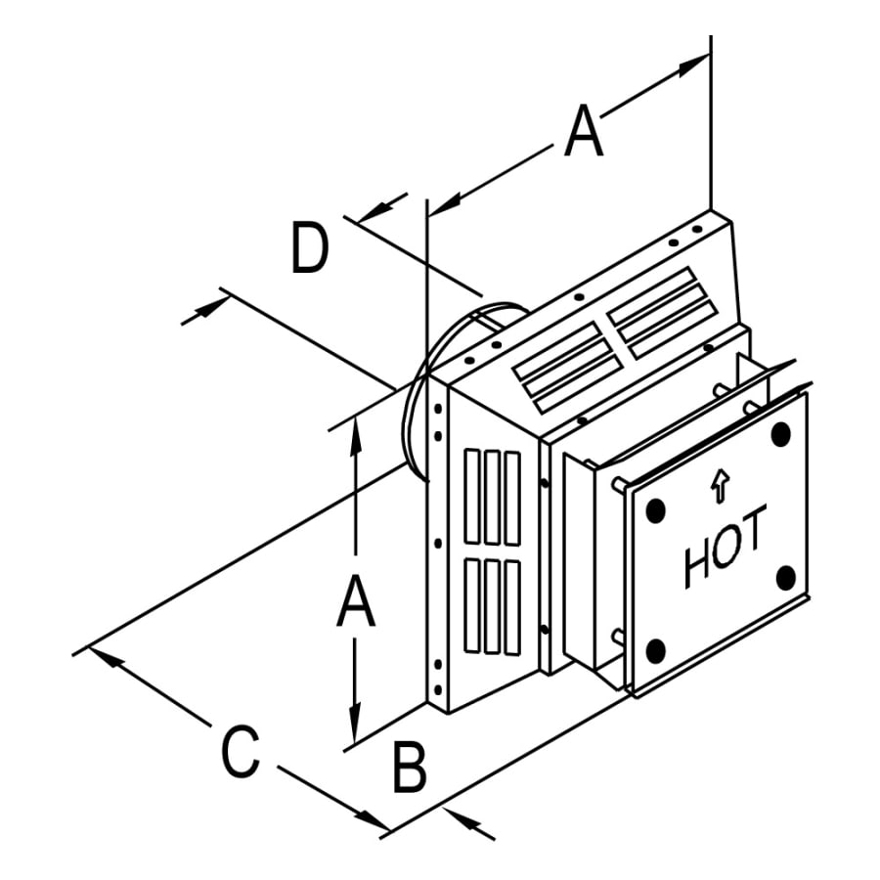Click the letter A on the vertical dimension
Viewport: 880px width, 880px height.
[355, 601]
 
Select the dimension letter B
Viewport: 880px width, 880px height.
[410, 768]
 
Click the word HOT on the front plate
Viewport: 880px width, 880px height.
[726, 552]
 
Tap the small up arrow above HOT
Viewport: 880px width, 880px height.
[721, 485]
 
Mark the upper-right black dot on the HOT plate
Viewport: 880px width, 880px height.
[780, 433]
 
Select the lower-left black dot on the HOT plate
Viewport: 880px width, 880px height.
[656, 649]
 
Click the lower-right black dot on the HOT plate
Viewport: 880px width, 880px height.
[785, 579]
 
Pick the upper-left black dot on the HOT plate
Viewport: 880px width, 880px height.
[655, 509]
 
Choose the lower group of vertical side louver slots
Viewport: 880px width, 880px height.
[492, 606]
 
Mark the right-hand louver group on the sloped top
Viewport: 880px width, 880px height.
[660, 311]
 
